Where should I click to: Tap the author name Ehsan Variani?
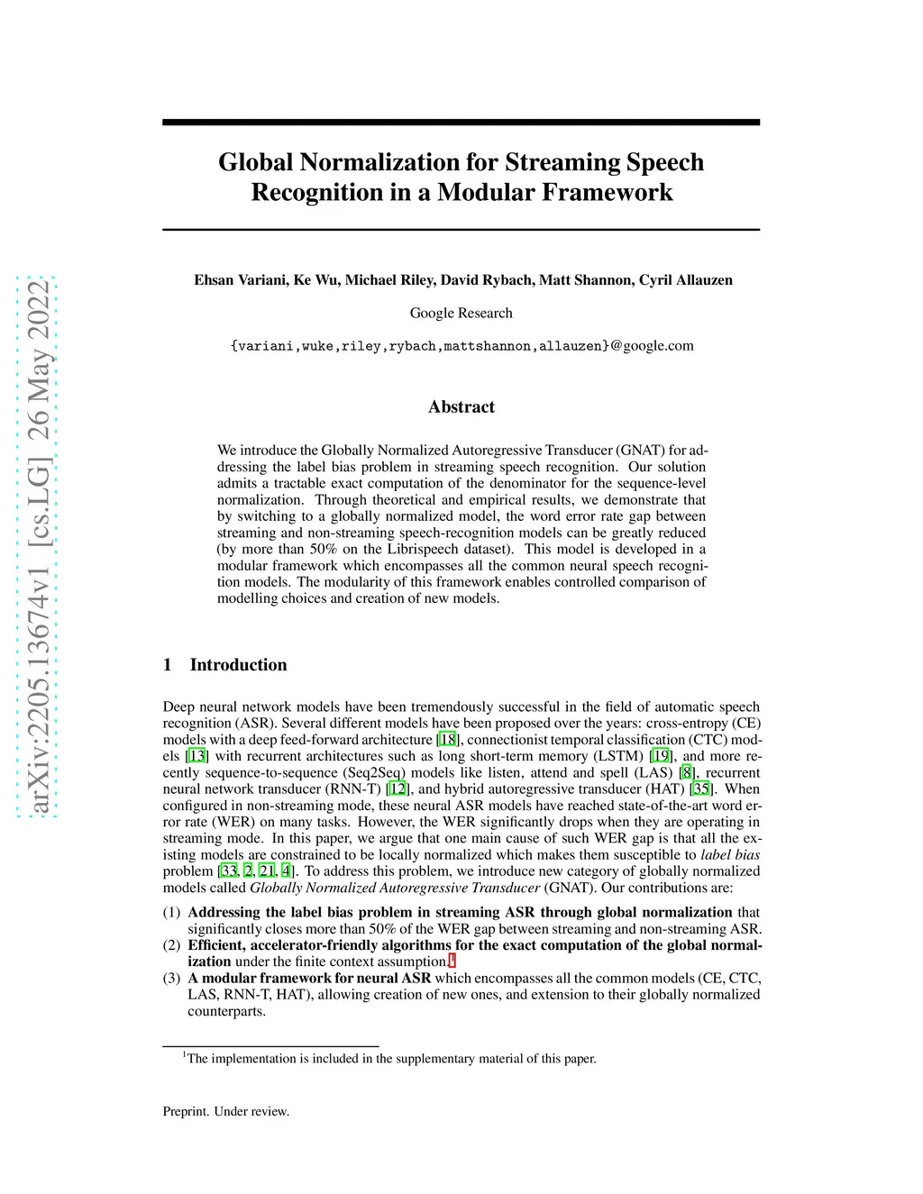[x=239, y=280]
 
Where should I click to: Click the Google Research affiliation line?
[x=461, y=313]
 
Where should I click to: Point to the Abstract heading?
[x=461, y=406]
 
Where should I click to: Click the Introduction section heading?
[x=238, y=665]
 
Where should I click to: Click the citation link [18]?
[x=448, y=740]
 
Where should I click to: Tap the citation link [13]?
[x=196, y=756]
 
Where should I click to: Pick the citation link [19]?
[x=661, y=756]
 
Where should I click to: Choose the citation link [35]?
[x=701, y=788]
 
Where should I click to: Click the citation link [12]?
[x=397, y=788]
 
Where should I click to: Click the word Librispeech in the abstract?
[x=423, y=549]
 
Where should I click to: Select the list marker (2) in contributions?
[x=171, y=945]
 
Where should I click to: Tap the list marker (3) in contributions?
[x=171, y=978]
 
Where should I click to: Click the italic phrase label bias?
[x=730, y=854]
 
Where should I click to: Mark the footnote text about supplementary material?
[x=391, y=1059]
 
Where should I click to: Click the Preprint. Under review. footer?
[x=226, y=1111]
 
